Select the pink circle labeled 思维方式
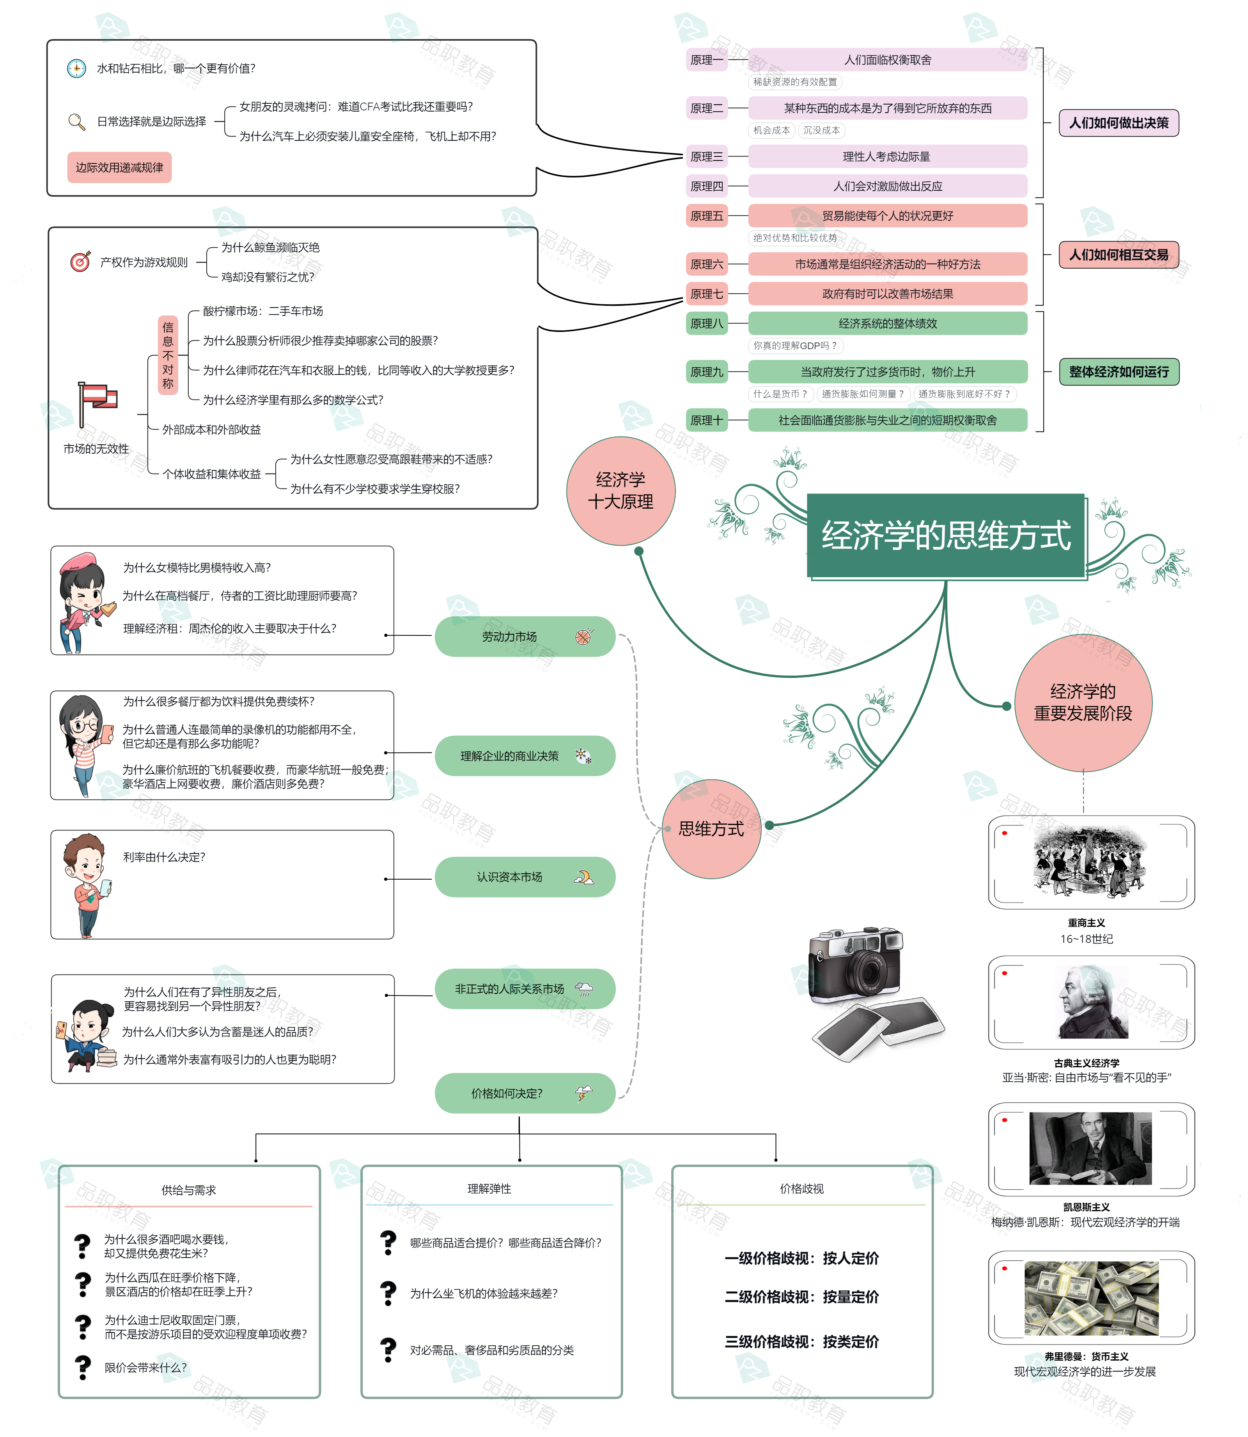[711, 829]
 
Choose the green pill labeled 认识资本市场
[525, 877]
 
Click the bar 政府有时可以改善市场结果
[887, 294]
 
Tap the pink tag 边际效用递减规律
[119, 168]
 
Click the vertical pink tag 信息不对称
[168, 355]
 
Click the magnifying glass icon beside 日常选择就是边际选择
[76, 122]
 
